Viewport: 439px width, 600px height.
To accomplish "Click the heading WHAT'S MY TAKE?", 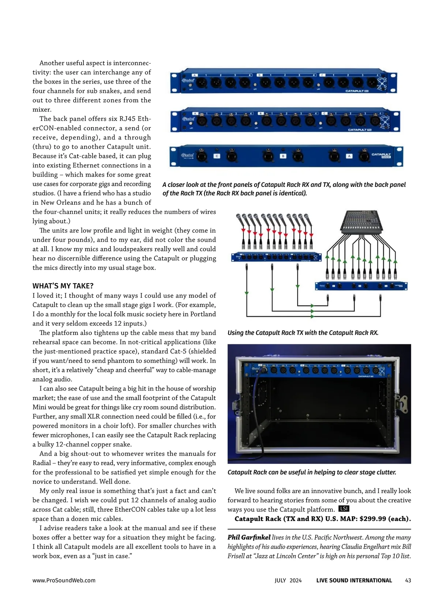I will click(63, 286).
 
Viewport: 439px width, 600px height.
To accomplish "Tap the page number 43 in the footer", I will click(408, 580).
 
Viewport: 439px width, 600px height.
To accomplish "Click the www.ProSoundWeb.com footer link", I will click(64, 580).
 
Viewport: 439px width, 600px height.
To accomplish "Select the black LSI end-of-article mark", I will click(344, 509).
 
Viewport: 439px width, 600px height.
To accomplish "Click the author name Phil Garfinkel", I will click(249, 537).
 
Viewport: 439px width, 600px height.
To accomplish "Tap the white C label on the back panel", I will click(217, 156).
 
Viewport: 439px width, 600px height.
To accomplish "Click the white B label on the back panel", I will click(282, 156).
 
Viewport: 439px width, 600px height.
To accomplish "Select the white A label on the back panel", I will click(349, 156).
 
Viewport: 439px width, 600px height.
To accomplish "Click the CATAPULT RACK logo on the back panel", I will click(381, 155).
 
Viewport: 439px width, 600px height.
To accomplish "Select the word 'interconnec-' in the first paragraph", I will click(132, 63).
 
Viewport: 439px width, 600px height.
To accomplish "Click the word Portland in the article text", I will click(203, 314).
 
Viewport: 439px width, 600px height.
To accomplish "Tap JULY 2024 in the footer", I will click(288, 580).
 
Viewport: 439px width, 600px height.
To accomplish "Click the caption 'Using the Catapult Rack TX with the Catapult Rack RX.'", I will click(303, 333).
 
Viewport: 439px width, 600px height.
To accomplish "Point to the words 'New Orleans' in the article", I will click(59, 203).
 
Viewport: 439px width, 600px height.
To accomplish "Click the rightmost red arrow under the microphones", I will click(311, 234).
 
